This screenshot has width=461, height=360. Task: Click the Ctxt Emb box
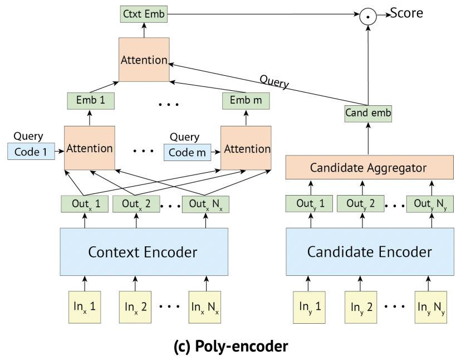point(144,14)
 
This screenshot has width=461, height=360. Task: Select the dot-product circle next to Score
point(368,16)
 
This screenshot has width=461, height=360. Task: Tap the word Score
point(406,13)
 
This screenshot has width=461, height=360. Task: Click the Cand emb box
point(368,114)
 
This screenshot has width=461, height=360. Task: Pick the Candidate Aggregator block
point(370,167)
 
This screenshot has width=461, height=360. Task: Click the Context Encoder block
point(144,252)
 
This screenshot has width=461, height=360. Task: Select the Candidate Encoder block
point(370,252)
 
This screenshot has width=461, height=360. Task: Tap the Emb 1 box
point(91,101)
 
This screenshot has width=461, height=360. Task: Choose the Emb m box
point(246,101)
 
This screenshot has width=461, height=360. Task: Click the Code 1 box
point(31,152)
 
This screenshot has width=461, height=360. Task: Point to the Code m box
point(187,153)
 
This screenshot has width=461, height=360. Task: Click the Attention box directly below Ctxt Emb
point(144,60)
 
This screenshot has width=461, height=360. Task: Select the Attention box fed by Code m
point(246,148)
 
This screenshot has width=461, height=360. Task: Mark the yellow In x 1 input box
point(85,307)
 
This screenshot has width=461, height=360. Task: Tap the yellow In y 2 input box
point(361,307)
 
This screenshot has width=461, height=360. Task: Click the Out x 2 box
point(136,204)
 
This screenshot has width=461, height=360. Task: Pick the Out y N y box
point(430,204)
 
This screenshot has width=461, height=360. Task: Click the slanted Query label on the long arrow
point(274,81)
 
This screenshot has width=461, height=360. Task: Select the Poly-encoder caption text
point(231,346)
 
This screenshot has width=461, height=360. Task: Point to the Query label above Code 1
point(28,137)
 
